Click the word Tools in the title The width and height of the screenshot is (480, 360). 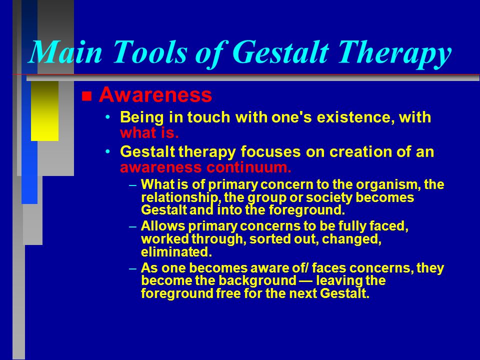click(149, 51)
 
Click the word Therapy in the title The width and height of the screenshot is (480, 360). click(394, 54)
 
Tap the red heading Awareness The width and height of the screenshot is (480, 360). click(155, 94)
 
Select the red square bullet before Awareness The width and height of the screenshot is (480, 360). click(86, 96)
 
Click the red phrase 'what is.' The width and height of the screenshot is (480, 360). click(149, 133)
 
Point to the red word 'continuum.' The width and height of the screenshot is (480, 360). click(248, 167)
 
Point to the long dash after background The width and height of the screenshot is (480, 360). click(306, 280)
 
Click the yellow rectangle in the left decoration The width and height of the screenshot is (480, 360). click(44, 111)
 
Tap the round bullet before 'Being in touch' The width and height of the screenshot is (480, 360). click(107, 117)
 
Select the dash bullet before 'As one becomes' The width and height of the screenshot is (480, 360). click(132, 268)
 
